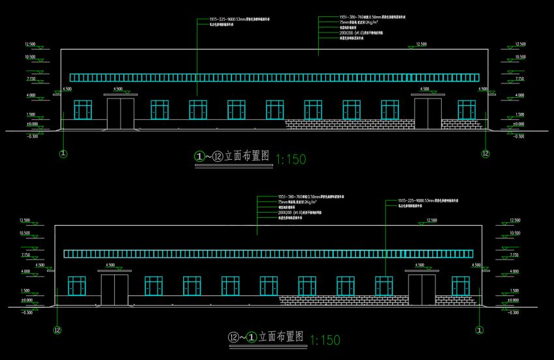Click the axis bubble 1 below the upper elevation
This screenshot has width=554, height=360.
coord(63,155)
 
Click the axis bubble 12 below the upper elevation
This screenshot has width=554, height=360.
coord(485,154)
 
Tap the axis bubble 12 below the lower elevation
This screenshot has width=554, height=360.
coord(57,330)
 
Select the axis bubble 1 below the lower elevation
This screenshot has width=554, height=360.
coord(480,330)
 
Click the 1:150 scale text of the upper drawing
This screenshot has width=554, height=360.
coord(291,158)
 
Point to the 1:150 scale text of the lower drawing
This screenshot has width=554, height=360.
coord(325,340)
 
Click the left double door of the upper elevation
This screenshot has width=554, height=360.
coord(122,112)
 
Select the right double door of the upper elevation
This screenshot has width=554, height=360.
coord(428,112)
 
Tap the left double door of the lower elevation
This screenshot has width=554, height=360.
coord(114,289)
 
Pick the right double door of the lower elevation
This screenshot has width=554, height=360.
coord(422,289)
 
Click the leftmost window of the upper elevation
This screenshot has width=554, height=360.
coord(83,110)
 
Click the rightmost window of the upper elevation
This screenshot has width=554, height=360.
coord(466,110)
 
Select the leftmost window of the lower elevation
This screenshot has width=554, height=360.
coord(77,286)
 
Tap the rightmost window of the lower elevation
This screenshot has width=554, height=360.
coord(460,286)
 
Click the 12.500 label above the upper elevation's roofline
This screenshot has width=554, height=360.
coord(420,44)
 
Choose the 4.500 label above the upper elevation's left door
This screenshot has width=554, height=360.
coord(118,89)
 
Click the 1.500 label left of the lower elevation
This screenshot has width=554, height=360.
coord(25,290)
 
